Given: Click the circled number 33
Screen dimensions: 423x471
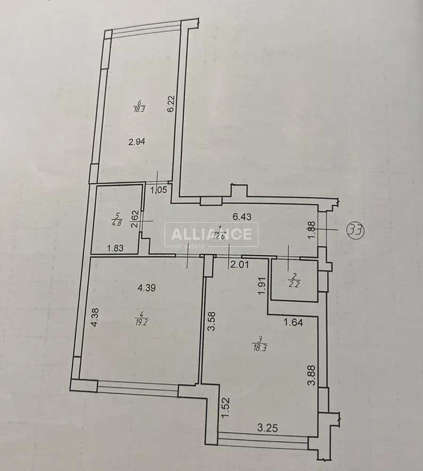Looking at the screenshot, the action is click(x=356, y=230).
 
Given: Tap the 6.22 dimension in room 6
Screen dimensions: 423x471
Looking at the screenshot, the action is click(x=171, y=104).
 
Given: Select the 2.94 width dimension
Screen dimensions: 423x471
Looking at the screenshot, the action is click(x=137, y=141).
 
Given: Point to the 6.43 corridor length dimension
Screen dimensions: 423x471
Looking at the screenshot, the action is click(x=242, y=216).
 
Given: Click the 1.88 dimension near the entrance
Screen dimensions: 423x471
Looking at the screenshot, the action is click(x=312, y=230).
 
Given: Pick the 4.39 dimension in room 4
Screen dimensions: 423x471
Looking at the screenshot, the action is click(x=146, y=288).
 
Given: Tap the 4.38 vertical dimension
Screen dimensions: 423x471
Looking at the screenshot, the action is click(x=95, y=318).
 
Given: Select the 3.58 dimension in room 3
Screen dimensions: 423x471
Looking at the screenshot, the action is click(x=212, y=322).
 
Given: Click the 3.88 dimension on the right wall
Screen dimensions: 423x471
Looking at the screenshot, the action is click(x=312, y=375).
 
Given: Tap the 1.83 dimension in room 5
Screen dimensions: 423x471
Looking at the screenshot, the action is click(x=116, y=248).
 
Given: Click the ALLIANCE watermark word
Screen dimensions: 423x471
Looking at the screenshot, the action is click(x=211, y=234).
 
